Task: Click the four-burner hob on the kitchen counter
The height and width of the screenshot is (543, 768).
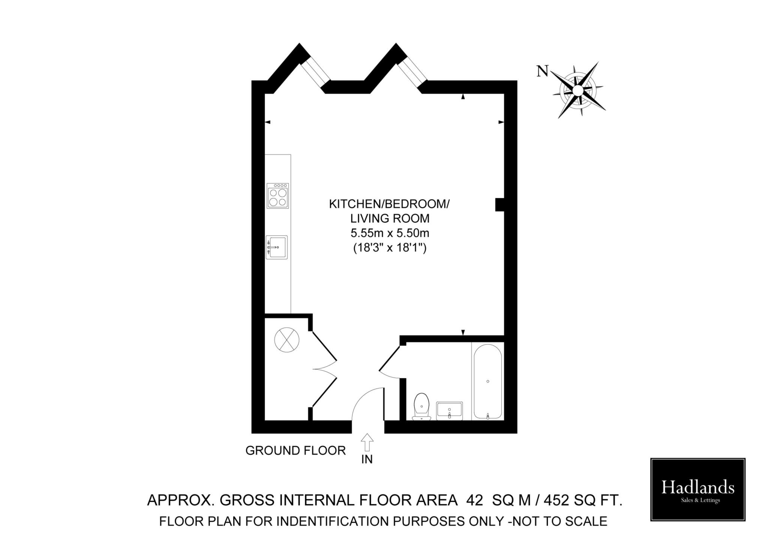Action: coord(277,196)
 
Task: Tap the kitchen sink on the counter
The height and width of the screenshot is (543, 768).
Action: coord(276,247)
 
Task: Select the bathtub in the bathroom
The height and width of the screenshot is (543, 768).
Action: coord(487,381)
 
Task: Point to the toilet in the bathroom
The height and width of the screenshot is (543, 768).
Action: coord(421,407)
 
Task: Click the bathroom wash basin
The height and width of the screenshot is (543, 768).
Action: coord(449,411)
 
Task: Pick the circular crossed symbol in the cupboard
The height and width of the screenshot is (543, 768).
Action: coord(287,340)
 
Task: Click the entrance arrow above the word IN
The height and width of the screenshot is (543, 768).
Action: coord(367,442)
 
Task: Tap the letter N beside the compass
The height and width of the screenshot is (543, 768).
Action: coord(542,71)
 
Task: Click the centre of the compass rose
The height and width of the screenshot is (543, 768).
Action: coord(578,90)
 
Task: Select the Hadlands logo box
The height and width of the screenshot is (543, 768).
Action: coord(698,489)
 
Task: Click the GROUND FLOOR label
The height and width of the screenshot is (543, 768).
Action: coord(295,451)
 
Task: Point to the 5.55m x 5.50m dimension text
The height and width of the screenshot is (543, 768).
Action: coord(390,233)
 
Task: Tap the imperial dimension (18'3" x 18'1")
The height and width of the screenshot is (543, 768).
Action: coord(390,248)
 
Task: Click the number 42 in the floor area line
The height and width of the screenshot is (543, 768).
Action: coord(475,500)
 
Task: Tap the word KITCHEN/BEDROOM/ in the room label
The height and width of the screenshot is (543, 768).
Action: coord(389,204)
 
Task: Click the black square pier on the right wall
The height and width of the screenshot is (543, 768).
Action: coord(500,205)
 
